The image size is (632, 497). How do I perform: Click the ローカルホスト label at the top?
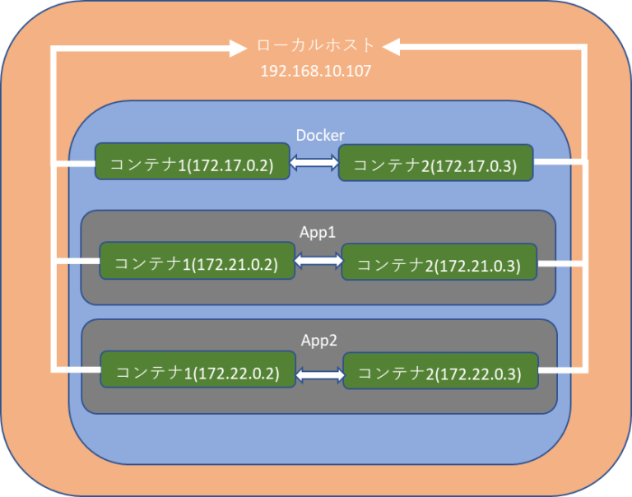point(315,46)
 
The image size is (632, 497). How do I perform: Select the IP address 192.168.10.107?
point(315,72)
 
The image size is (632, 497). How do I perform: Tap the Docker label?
point(319,135)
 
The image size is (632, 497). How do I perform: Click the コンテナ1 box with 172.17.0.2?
point(192,162)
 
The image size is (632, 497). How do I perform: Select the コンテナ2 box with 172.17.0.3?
point(435,164)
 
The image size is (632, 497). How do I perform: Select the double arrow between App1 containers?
point(318,262)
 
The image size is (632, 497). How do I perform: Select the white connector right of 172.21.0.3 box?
point(560,264)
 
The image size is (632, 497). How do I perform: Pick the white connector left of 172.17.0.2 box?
point(74,163)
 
